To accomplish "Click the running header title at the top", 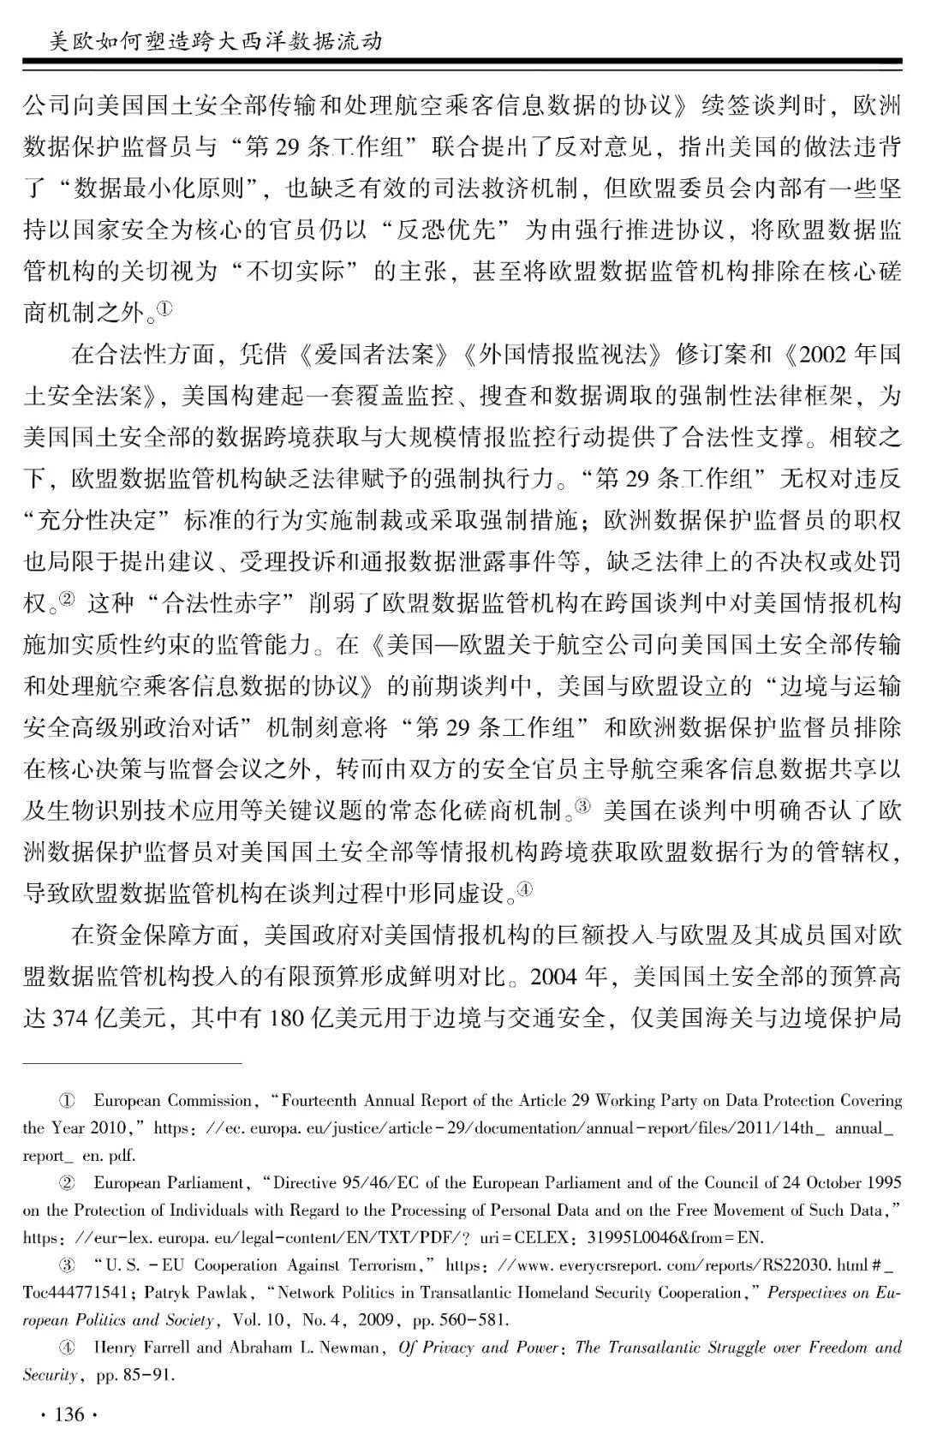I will coord(215,40).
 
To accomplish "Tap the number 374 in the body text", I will coord(71,1018).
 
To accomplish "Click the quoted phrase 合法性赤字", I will coord(222,603).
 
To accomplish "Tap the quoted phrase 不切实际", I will coord(295,271).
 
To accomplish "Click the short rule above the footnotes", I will coord(133,1063).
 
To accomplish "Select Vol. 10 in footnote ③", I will coord(261,1320).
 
